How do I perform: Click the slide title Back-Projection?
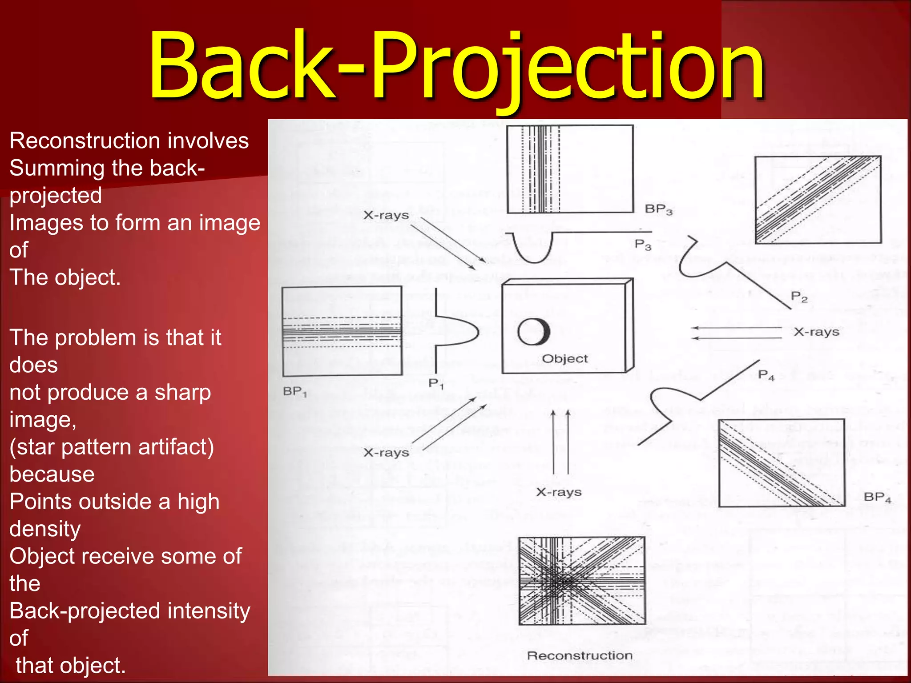pyautogui.click(x=456, y=67)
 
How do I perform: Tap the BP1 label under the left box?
pyautogui.click(x=295, y=392)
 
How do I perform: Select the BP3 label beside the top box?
pyautogui.click(x=659, y=209)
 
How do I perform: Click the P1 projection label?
pyautogui.click(x=436, y=383)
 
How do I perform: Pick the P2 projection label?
pyautogui.click(x=799, y=297)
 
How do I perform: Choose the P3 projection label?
pyautogui.click(x=643, y=244)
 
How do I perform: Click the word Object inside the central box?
pyautogui.click(x=564, y=358)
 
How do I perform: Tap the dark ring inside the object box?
pyautogui.click(x=533, y=332)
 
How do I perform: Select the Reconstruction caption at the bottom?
pyautogui.click(x=580, y=655)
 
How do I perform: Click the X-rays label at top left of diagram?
pyautogui.click(x=386, y=215)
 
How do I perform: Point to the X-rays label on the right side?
pyautogui.click(x=816, y=332)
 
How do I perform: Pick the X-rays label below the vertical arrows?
pyautogui.click(x=559, y=492)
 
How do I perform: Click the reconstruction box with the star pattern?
pyautogui.click(x=582, y=581)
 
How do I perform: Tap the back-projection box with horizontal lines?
pyautogui.click(x=342, y=331)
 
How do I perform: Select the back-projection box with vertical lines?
pyautogui.click(x=570, y=169)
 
